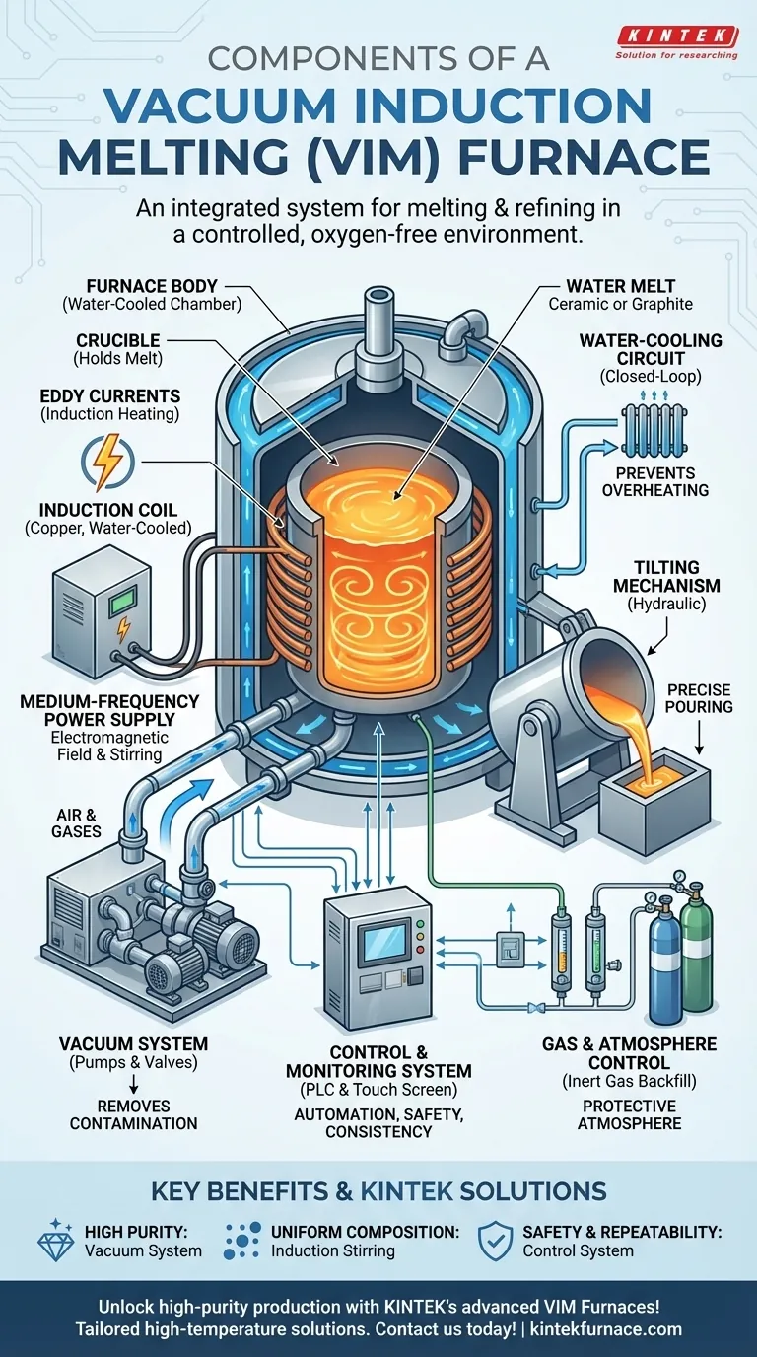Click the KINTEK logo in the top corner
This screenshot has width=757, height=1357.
pos(676,36)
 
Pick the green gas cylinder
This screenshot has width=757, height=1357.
pos(697,952)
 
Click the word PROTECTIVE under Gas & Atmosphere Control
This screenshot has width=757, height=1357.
pos(628,1106)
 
